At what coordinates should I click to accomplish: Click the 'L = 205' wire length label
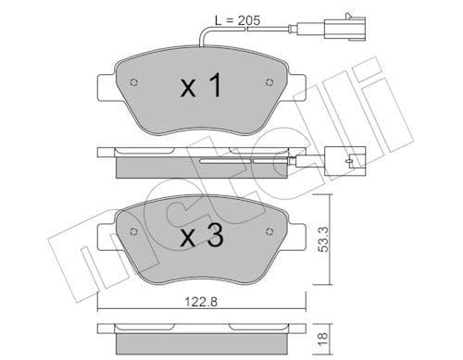(239, 20)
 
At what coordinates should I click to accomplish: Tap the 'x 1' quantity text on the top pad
(200, 88)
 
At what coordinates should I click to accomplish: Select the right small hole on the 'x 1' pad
(271, 82)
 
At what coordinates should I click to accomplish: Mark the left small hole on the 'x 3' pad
(133, 230)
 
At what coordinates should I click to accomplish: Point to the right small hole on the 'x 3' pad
(271, 230)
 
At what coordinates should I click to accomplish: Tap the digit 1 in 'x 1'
(215, 88)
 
